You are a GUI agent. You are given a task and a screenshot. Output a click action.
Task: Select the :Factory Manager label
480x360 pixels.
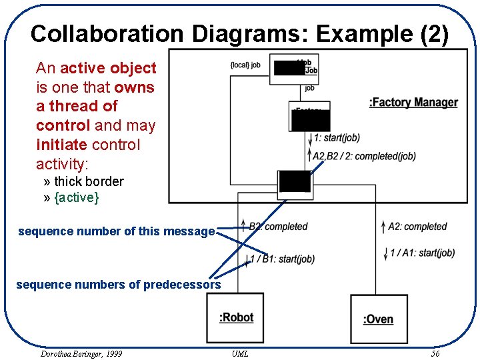click(413, 102)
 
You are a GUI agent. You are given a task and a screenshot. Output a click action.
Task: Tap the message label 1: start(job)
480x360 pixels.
click(337, 138)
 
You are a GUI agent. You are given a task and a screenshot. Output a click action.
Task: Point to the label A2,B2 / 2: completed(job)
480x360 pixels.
click(365, 156)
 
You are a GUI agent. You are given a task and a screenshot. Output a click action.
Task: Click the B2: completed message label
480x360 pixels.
click(278, 227)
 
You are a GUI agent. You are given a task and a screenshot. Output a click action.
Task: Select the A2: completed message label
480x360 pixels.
click(417, 227)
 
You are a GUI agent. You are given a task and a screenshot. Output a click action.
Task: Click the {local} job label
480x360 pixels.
click(244, 65)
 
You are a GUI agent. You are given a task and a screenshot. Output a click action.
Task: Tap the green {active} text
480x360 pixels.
click(76, 197)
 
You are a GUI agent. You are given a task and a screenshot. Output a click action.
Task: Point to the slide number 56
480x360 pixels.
click(435, 353)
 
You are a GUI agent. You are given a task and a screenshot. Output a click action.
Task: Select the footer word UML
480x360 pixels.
click(240, 353)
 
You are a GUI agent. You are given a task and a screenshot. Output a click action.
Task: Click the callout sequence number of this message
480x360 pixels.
click(116, 231)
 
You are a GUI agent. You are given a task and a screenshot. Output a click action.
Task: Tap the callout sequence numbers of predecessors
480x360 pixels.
click(118, 285)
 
